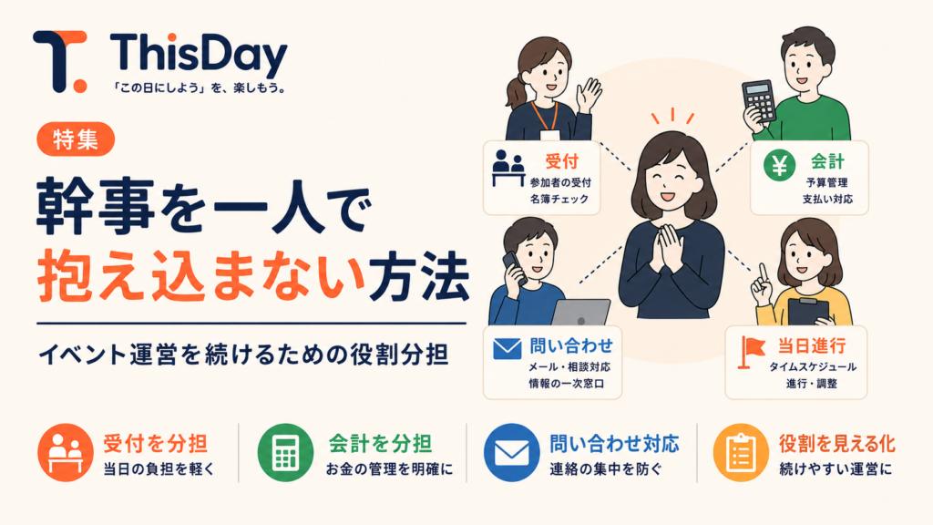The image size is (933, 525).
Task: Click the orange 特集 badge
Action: tap(76, 139)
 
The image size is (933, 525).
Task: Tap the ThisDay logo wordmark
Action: tap(199, 54)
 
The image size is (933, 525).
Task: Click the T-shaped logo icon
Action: tap(60, 61)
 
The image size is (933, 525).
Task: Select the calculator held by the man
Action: tap(760, 101)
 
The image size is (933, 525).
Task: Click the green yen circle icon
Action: tap(780, 165)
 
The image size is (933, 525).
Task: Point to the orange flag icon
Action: tap(751, 352)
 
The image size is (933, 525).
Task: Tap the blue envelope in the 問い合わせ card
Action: tap(507, 349)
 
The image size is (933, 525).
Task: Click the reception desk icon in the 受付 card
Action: tap(508, 168)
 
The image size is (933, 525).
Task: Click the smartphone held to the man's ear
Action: tap(513, 268)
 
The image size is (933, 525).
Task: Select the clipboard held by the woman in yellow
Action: tap(807, 311)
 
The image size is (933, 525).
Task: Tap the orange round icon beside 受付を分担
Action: tap(65, 452)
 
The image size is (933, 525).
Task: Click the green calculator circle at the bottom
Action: tap(285, 452)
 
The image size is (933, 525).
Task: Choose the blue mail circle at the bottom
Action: tap(512, 452)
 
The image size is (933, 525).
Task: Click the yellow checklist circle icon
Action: tap(741, 452)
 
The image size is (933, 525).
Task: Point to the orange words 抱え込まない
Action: tap(200, 276)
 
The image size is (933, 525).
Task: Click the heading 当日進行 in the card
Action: tap(812, 345)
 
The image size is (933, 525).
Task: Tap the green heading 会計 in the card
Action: tap(827, 160)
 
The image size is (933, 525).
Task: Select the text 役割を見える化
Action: tap(836, 444)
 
